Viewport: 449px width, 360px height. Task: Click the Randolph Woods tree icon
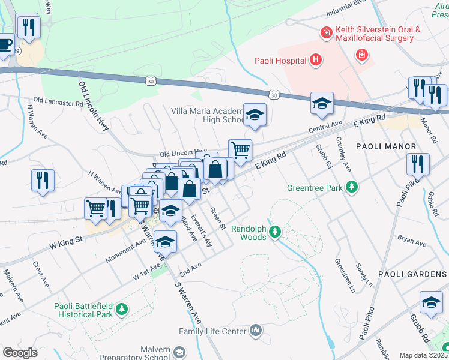tap(275, 231)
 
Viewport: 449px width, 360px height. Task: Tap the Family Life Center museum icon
tap(256, 331)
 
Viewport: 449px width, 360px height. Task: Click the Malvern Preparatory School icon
tap(179, 352)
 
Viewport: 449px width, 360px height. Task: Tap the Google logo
tap(20, 352)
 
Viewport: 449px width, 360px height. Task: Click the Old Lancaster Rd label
tap(58, 102)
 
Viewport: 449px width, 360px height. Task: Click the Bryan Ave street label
tap(411, 242)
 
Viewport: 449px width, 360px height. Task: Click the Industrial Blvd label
tap(346, 10)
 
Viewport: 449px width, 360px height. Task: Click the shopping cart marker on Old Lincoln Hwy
tap(240, 151)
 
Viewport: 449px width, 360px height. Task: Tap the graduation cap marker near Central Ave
tap(322, 104)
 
